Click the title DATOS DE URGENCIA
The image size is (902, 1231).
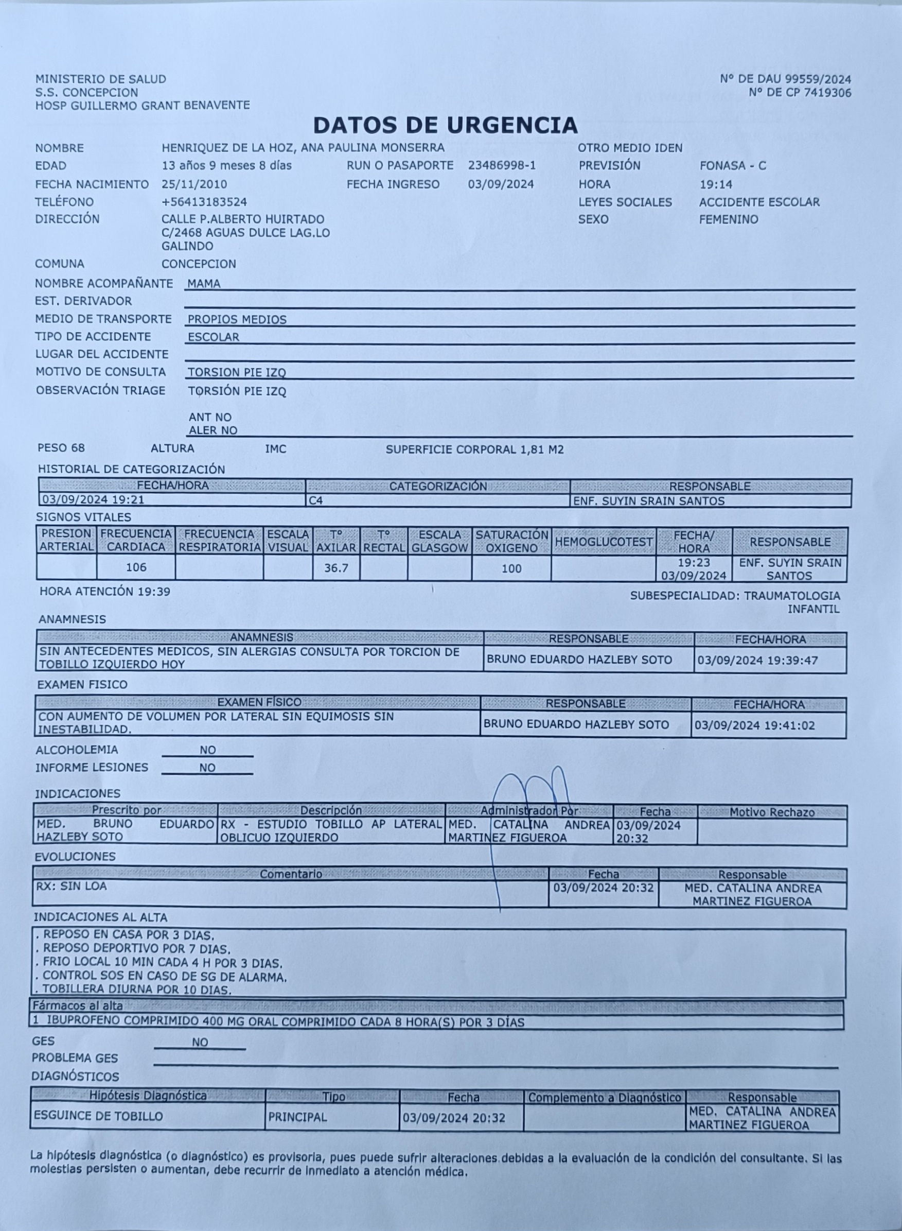click(445, 126)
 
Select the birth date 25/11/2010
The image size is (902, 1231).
click(194, 184)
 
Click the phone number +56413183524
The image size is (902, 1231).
click(204, 202)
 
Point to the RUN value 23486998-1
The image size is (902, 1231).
click(502, 166)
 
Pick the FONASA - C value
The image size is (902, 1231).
click(732, 166)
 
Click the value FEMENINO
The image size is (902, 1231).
click(729, 220)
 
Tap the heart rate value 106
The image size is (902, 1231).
click(136, 568)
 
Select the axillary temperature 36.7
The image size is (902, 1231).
click(336, 568)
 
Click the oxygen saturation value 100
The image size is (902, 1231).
click(511, 569)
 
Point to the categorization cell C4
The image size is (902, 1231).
click(315, 500)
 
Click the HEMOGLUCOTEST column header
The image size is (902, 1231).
click(604, 542)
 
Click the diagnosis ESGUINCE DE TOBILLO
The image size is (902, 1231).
click(98, 1116)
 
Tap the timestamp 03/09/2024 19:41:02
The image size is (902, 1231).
click(754, 725)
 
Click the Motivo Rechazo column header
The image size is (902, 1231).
click(771, 812)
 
